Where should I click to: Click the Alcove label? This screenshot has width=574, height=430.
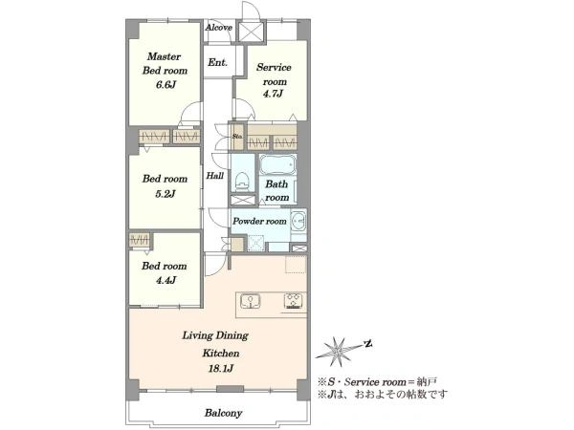tap(218, 28)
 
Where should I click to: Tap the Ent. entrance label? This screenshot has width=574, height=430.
tap(217, 62)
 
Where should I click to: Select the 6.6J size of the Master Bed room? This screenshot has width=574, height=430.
tap(166, 85)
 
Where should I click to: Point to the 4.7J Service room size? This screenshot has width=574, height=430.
tap(273, 94)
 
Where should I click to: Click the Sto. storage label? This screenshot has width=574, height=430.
tap(237, 137)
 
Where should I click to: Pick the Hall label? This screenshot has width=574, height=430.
tap(215, 176)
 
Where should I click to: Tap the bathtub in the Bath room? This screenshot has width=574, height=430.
tap(277, 165)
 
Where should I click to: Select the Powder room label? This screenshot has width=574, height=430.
tap(259, 222)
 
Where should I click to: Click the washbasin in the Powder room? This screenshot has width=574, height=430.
tap(298, 221)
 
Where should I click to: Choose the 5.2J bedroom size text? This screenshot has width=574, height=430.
tap(166, 193)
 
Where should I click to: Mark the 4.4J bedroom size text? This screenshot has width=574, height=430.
tap(166, 280)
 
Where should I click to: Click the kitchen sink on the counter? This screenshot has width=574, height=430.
tap(251, 301)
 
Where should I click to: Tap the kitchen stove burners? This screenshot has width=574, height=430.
tap(295, 301)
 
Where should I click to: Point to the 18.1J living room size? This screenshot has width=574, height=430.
tap(221, 369)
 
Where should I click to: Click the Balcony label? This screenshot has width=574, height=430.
tap(223, 413)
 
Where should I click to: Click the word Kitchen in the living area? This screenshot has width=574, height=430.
tap(221, 354)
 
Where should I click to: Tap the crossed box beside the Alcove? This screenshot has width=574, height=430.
tap(251, 32)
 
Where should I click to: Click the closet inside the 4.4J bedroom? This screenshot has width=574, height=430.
tap(140, 240)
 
